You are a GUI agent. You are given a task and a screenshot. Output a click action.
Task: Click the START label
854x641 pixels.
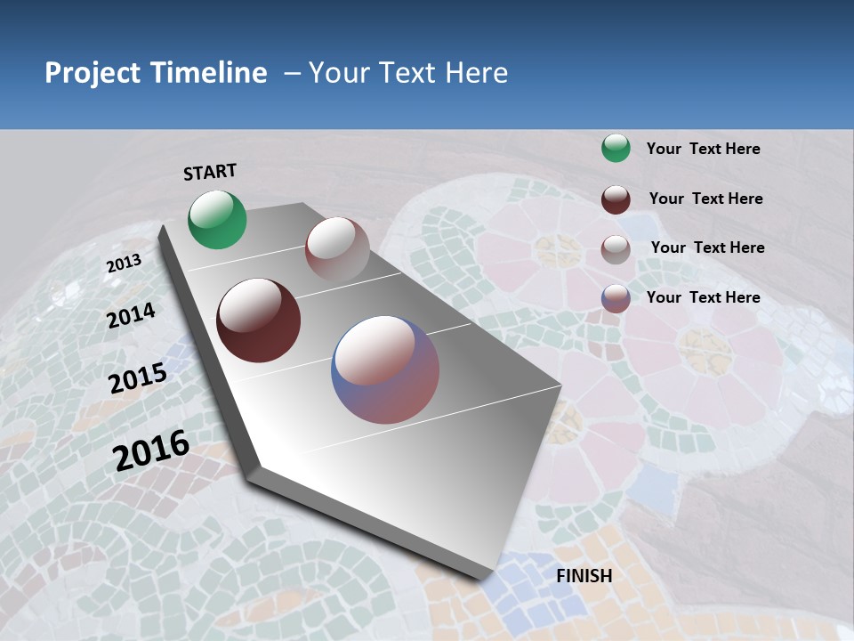coord(210,172)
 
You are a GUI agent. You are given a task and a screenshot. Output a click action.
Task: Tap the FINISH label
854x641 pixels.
coord(584,576)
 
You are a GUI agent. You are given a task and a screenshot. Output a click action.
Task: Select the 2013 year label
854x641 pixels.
coord(124,264)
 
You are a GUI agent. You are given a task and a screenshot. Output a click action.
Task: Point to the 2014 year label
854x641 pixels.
coord(132,315)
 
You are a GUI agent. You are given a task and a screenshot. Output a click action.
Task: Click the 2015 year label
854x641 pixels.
coord(138,378)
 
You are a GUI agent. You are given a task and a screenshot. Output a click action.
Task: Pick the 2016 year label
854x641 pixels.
coord(151,450)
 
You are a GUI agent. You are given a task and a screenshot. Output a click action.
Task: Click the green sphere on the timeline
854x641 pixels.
coord(217,219)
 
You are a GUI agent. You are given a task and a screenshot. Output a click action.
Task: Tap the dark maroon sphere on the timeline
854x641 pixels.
coord(258,320)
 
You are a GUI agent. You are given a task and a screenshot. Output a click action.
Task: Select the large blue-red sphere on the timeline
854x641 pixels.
coord(385,369)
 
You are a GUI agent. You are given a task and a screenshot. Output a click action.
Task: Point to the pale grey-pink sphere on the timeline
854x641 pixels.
coord(337,249)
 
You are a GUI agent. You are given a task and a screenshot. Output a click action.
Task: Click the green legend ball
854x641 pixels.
coord(616,149)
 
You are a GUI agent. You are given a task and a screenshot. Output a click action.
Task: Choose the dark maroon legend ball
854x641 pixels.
coord(616,199)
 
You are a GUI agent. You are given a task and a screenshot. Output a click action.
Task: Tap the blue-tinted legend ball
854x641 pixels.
coord(616,298)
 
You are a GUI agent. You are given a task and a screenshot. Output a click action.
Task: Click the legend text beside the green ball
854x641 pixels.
coord(703,149)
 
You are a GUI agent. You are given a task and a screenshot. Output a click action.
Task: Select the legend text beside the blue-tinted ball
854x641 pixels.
coord(703,297)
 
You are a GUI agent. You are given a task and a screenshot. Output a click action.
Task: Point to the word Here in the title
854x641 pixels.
coord(476,73)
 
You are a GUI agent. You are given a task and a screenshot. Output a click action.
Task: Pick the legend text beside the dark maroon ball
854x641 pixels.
coord(705,199)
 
